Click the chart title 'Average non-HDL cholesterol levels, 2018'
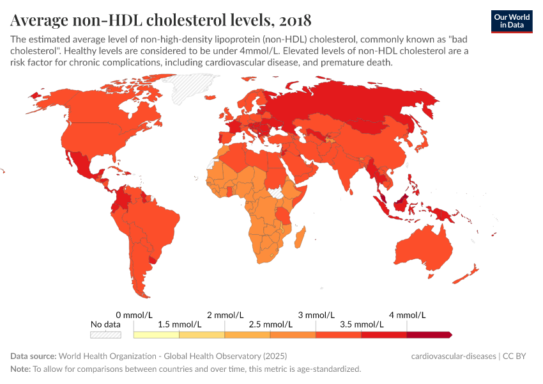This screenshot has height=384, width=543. click(161, 19)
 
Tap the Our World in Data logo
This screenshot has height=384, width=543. click(511, 21)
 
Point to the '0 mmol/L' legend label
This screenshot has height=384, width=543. click(134, 315)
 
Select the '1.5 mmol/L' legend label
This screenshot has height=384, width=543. click(180, 324)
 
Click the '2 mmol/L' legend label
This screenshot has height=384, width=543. click(225, 315)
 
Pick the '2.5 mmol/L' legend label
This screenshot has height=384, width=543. click(270, 324)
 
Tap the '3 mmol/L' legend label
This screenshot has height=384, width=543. click(316, 315)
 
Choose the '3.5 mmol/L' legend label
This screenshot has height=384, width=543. click(361, 324)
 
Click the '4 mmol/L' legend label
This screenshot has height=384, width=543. click(407, 315)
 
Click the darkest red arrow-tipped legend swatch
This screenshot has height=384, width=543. click(429, 335)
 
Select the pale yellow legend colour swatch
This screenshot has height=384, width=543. click(157, 335)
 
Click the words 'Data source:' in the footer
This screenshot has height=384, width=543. click(33, 356)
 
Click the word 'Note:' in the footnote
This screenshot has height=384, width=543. click(20, 369)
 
